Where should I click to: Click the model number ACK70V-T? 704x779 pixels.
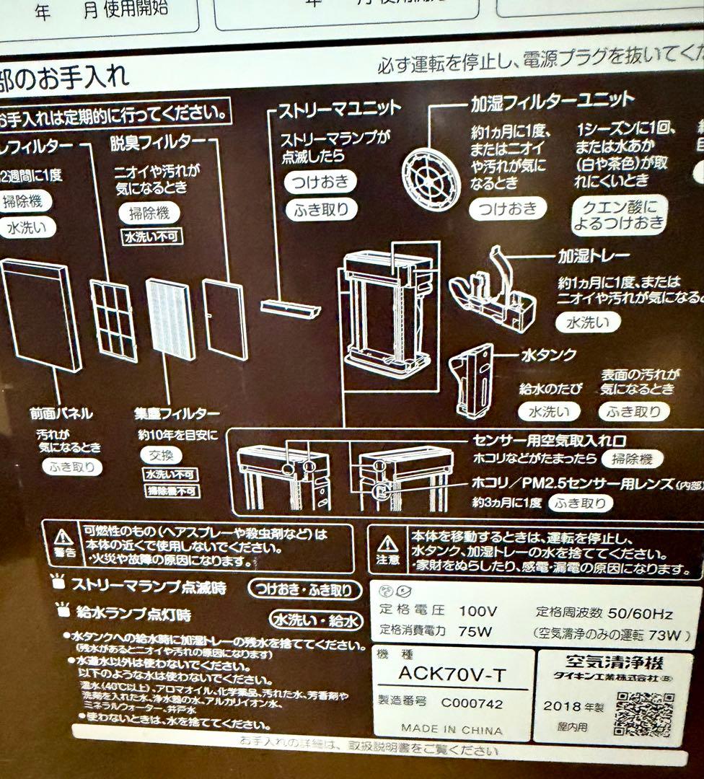452,674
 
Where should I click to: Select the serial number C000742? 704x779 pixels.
472,703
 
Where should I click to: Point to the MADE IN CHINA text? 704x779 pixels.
452,729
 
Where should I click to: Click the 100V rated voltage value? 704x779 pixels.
478,611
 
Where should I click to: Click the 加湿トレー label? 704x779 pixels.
593,256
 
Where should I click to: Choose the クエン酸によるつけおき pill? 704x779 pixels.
620,214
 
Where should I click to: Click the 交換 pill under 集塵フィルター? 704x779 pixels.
161,456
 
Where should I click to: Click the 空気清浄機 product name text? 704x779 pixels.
613,660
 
